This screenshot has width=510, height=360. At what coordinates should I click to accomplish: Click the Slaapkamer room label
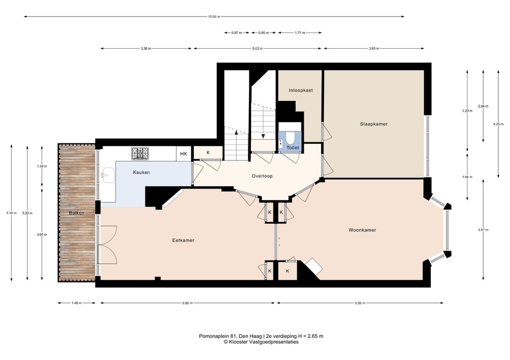[x=374, y=124]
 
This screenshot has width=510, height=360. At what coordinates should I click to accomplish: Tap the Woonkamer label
[x=362, y=230]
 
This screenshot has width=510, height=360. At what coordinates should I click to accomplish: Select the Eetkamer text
[x=183, y=241]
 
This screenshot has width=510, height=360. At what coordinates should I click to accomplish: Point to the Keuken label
[x=142, y=173]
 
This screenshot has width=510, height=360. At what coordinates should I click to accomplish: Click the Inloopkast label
[x=301, y=90]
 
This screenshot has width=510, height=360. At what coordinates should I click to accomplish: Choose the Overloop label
[x=262, y=176]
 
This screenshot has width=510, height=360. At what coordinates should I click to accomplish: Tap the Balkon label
[x=76, y=213]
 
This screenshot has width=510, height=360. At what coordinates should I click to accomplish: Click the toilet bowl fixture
[x=290, y=138]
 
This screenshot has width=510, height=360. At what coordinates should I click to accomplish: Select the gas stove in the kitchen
[x=140, y=154]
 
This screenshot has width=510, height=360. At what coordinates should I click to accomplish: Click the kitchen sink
[x=108, y=176]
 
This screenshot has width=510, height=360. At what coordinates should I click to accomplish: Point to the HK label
[x=184, y=154]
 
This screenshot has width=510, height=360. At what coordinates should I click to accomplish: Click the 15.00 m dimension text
[x=214, y=17]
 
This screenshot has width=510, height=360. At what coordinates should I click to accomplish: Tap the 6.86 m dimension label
[x=187, y=303]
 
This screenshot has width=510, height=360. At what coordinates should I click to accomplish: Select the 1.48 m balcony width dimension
[x=76, y=303]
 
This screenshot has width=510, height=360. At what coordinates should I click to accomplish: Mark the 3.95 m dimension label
[x=374, y=49]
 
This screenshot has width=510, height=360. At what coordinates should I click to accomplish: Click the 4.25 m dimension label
[x=498, y=124]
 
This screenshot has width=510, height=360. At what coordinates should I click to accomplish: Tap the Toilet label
[x=293, y=148]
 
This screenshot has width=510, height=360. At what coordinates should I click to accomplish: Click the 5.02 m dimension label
[x=257, y=49]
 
